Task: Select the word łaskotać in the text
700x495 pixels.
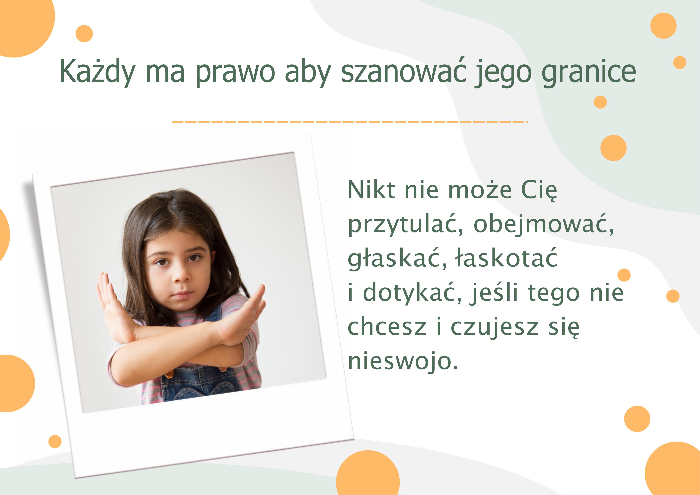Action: pos(506,258)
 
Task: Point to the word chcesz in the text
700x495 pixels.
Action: pos(387,326)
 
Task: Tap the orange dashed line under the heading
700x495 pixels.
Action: pos(349,122)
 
